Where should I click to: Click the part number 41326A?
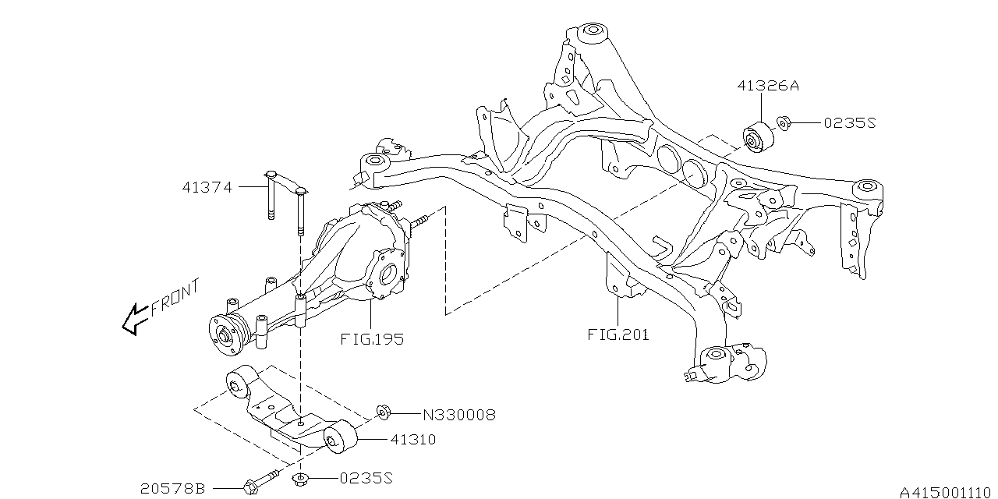click(x=767, y=87)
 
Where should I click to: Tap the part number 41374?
click(x=207, y=187)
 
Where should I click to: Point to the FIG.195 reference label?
click(x=372, y=340)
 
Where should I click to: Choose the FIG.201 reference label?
click(x=618, y=335)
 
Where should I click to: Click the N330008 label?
click(x=459, y=415)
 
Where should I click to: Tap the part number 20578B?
click(x=172, y=489)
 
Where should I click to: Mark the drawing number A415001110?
click(x=946, y=492)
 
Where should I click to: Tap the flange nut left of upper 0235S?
click(x=783, y=123)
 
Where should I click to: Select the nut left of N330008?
click(x=382, y=412)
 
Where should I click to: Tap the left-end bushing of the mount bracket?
click(x=237, y=384)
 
